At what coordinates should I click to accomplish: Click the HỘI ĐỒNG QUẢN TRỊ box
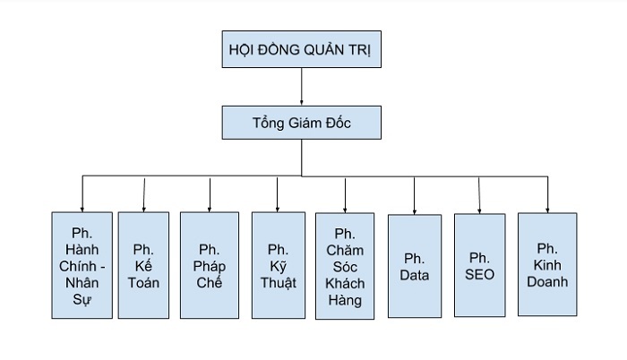301,50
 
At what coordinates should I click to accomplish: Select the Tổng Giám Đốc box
301,122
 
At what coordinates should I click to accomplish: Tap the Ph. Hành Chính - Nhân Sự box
82,265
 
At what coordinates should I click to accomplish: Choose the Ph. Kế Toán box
143,265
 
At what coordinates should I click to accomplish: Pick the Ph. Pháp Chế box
209,265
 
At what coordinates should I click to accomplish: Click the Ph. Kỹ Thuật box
278,265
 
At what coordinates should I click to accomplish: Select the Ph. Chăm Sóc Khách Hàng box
345,266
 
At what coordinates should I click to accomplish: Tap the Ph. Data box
415,266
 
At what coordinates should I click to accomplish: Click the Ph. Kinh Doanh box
547,264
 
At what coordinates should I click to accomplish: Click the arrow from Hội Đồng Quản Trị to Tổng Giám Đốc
301,88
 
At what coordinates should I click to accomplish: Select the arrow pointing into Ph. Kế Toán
143,193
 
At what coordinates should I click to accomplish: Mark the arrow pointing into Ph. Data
415,193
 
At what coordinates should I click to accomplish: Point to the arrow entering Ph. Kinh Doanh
547,193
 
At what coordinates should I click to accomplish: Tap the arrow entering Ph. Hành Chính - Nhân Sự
82,193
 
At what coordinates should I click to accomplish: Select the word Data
415,276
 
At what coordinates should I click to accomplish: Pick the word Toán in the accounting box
143,283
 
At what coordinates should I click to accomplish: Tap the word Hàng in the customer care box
345,300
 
